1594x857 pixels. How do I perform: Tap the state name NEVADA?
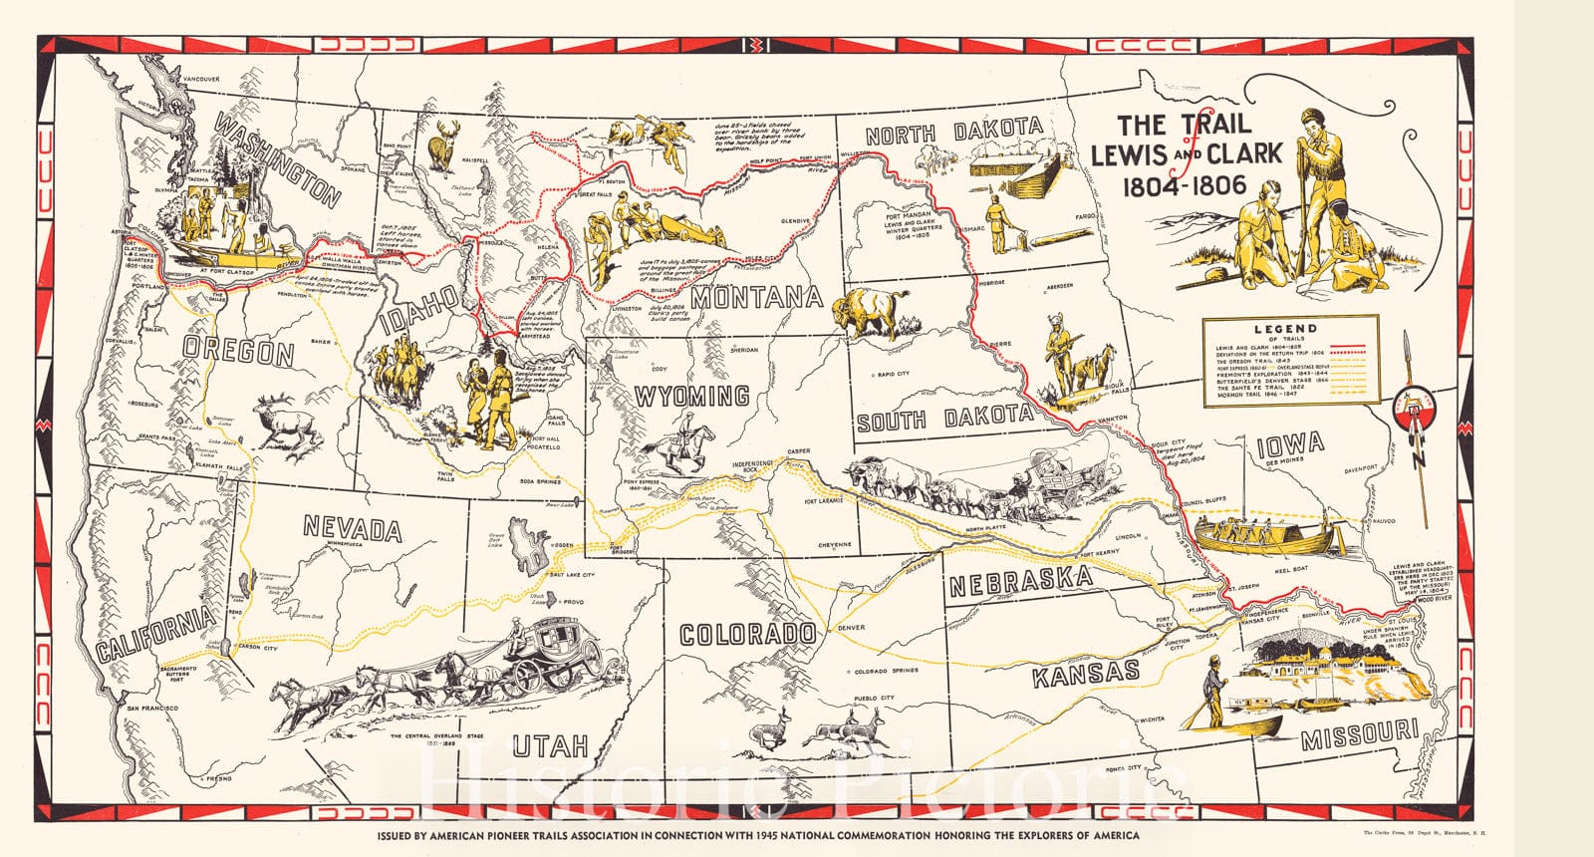coord(352,527)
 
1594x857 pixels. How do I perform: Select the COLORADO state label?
coord(747,634)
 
